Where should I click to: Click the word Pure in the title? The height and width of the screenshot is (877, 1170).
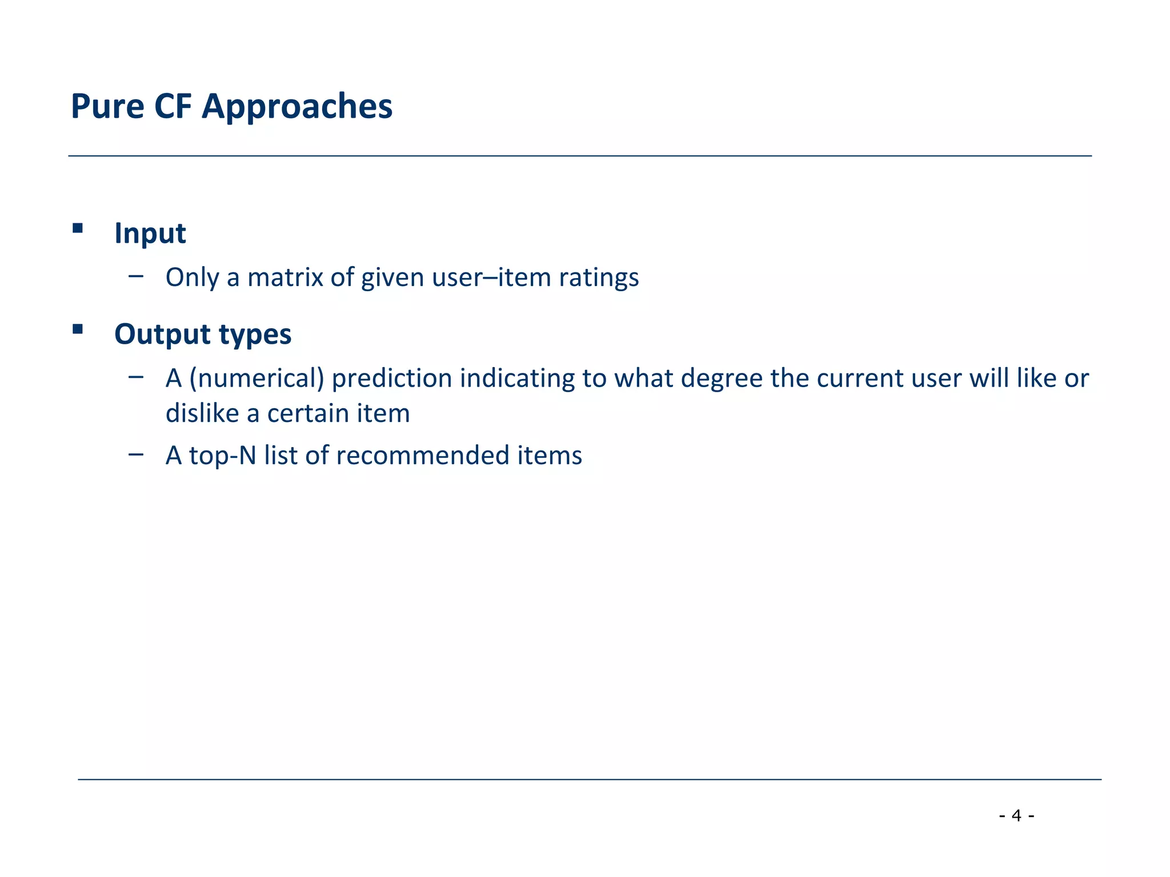107,107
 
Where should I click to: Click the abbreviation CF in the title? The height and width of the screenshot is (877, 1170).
173,107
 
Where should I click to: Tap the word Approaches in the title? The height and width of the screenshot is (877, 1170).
297,107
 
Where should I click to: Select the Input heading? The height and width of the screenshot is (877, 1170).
150,234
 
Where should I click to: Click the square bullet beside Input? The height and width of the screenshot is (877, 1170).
78,229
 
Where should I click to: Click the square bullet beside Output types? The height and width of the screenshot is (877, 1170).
78,329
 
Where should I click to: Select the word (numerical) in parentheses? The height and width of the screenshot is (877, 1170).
257,379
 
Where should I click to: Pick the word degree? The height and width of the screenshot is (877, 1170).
722,379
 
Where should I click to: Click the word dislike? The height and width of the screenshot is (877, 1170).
202,413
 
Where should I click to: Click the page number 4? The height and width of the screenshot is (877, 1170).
1016,815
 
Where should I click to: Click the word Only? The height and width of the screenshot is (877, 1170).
192,278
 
